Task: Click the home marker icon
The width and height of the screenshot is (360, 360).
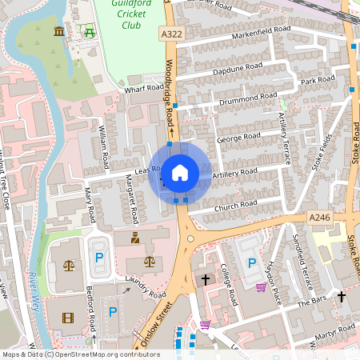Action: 179,172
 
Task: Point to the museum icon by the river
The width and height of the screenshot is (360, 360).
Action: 59,31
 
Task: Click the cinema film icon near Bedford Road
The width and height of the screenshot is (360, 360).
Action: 67,318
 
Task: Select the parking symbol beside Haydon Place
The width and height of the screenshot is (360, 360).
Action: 252,262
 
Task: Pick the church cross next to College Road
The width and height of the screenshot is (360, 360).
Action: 206,279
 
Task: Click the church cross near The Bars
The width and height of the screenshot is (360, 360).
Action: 342,296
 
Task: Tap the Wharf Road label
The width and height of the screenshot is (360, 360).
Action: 143,90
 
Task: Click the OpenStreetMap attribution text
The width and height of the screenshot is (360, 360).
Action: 80,354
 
